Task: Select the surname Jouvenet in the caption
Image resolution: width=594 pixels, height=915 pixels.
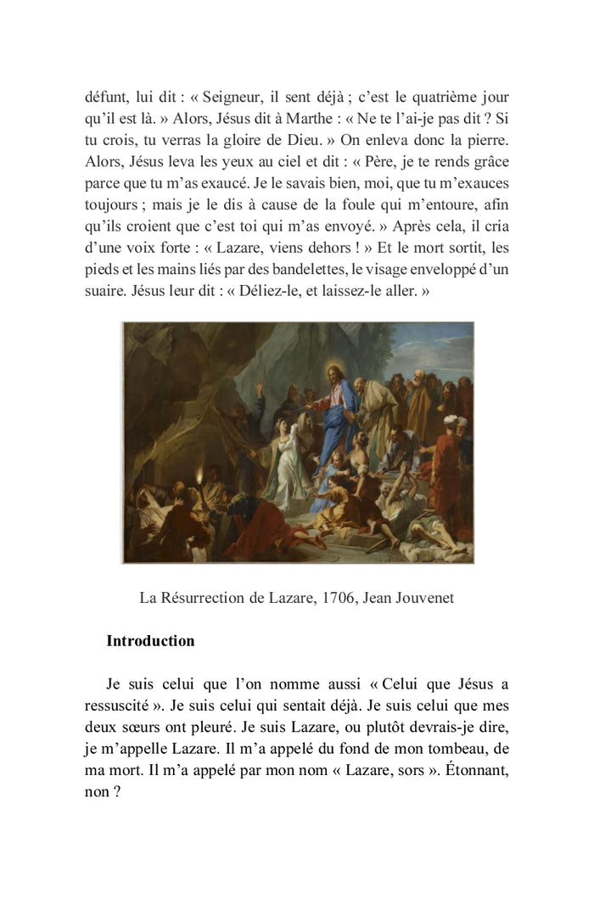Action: pos(422,598)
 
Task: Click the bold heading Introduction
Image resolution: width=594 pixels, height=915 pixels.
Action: pos(150,641)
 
